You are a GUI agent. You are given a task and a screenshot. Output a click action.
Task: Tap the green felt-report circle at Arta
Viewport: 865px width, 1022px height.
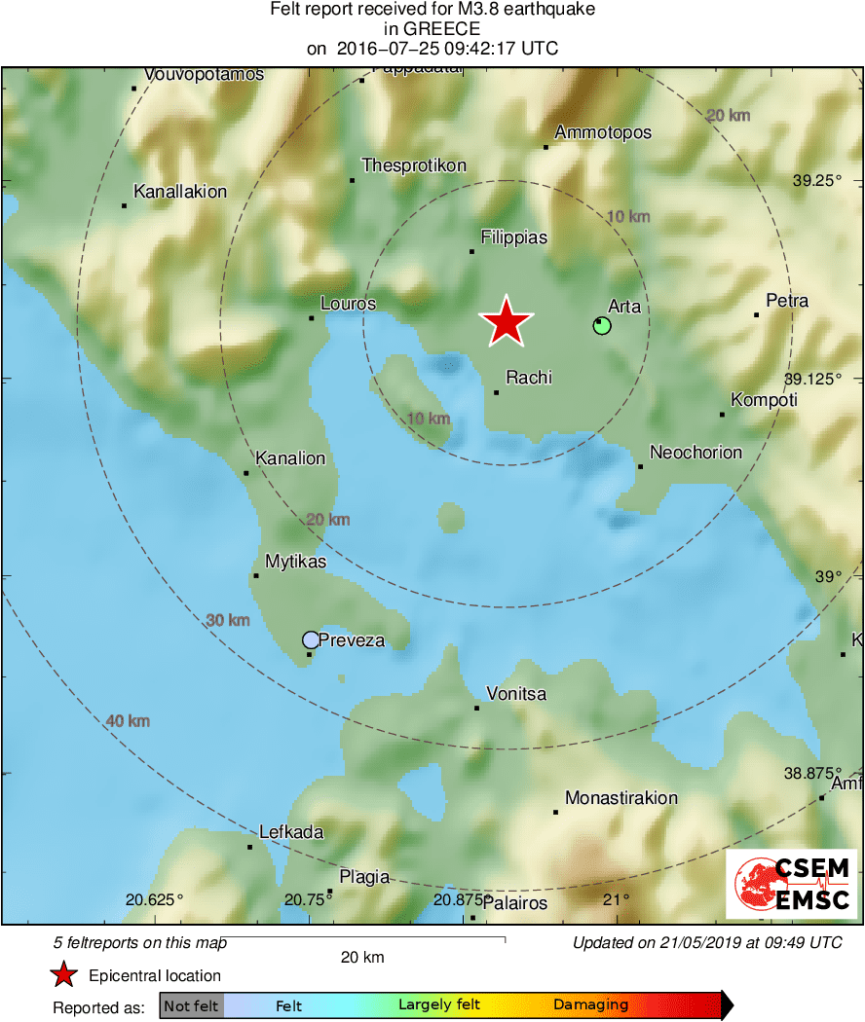pos(602,325)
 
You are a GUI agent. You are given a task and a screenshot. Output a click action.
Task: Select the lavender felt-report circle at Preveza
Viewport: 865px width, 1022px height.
pos(311,639)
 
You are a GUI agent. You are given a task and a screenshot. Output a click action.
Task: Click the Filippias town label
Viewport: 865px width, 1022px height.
pos(514,237)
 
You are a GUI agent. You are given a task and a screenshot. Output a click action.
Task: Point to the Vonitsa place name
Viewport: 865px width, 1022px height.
pos(516,694)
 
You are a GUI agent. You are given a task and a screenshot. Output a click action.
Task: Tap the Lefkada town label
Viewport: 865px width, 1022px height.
pos(291,832)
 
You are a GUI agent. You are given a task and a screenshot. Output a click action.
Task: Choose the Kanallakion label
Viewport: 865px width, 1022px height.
pos(180,192)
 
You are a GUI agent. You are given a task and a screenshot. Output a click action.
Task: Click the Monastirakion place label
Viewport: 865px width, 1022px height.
pos(621,798)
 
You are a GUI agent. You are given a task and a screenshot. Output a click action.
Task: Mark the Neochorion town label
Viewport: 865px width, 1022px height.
pos(696,453)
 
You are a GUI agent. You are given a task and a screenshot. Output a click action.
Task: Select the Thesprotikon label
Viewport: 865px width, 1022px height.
pos(414,165)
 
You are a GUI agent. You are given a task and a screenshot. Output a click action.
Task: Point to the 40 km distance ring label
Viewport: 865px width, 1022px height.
pos(128,721)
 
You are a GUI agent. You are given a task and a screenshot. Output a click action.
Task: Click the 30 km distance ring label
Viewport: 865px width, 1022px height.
pos(228,620)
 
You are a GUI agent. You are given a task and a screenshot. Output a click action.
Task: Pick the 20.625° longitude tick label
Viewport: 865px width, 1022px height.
pos(154,899)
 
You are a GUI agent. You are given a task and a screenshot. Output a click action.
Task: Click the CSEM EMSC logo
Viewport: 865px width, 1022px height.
pos(791,884)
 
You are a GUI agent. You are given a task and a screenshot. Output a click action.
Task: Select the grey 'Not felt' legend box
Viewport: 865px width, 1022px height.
pos(192,1005)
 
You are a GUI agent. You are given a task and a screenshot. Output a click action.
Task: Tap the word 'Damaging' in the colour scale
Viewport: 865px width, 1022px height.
pos(590,1005)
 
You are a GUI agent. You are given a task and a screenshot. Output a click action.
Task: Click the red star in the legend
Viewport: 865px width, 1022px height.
pos(64,974)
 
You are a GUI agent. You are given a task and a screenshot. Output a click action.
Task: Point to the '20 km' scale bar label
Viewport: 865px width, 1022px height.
pos(362,957)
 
